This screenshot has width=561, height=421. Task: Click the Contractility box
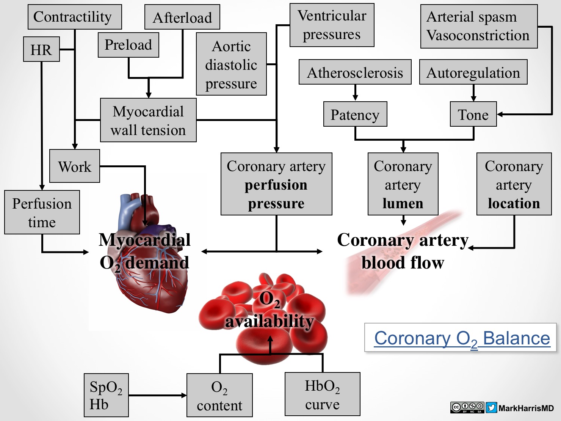coord(75,17)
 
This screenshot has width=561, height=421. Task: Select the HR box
coord(41,49)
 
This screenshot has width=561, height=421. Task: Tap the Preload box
coord(128,45)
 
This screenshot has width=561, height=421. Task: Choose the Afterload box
coord(182,17)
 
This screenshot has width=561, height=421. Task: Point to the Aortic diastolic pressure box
coord(231,64)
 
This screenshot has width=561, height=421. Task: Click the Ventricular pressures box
coord(332,25)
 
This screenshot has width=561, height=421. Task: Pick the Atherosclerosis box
coord(355,72)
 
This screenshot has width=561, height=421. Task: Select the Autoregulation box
coord(473,72)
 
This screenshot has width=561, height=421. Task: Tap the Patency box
coord(355,114)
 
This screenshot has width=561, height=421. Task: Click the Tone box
coord(473,114)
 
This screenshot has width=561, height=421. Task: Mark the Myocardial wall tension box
coord(148,120)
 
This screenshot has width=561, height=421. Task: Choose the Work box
coord(75,166)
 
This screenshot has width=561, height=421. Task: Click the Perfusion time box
coord(42,212)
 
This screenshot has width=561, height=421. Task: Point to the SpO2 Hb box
coord(106,395)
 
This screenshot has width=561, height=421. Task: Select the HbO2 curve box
coord(322,394)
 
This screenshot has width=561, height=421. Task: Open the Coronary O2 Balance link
coord(462,338)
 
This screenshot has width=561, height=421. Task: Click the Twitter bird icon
coord(491,408)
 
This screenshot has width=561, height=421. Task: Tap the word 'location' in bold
coord(514,203)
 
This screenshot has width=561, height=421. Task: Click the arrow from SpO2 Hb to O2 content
coord(157,395)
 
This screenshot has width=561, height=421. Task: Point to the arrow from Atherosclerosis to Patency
coord(355,93)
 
